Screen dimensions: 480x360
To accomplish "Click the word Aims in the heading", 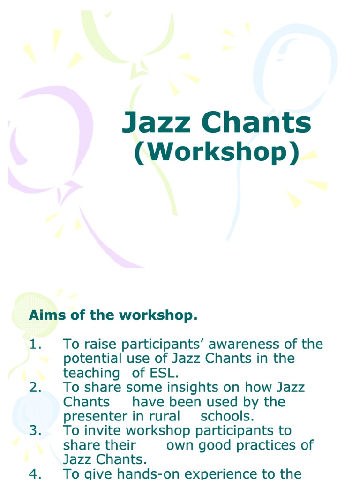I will (x=45, y=315).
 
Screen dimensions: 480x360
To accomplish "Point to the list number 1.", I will (x=35, y=344).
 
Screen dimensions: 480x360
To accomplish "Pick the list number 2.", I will (x=35, y=387).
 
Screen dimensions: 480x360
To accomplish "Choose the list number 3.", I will (x=35, y=430).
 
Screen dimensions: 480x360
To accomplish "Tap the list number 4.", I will (x=35, y=473).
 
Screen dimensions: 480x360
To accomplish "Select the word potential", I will (x=90, y=359).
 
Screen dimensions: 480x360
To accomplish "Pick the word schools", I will (x=227, y=416).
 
